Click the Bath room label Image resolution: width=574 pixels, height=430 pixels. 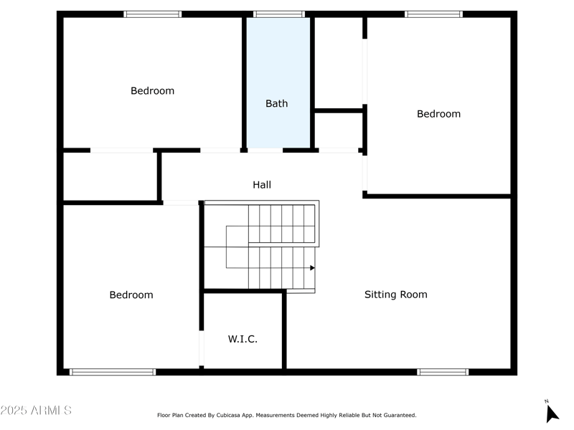pos(276,103)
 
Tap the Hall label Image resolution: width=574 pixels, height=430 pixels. pos(262,185)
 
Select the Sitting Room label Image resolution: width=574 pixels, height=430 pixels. pos(395,295)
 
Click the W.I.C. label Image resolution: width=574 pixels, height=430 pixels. pos(243,339)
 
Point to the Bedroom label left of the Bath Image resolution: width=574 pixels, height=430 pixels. pos(152,91)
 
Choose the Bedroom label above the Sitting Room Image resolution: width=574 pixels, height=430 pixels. pos(438,114)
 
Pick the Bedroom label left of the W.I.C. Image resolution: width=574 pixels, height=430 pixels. pos(131,295)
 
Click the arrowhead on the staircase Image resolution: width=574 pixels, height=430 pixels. pos(312,268)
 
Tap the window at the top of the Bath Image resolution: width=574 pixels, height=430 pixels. pos(279,14)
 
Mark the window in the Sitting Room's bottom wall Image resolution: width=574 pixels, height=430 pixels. pos(443,372)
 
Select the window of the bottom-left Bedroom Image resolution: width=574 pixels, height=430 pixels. pos(113,372)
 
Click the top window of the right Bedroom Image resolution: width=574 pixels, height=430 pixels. pos(433,14)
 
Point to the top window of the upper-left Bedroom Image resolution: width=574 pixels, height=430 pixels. pos(153,14)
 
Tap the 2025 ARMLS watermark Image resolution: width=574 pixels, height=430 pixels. pos(36,411)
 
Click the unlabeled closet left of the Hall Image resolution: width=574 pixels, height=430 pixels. pos(110,176)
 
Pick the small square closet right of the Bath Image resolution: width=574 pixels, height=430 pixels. pos(339,130)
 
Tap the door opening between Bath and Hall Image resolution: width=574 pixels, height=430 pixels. pos(265,150)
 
